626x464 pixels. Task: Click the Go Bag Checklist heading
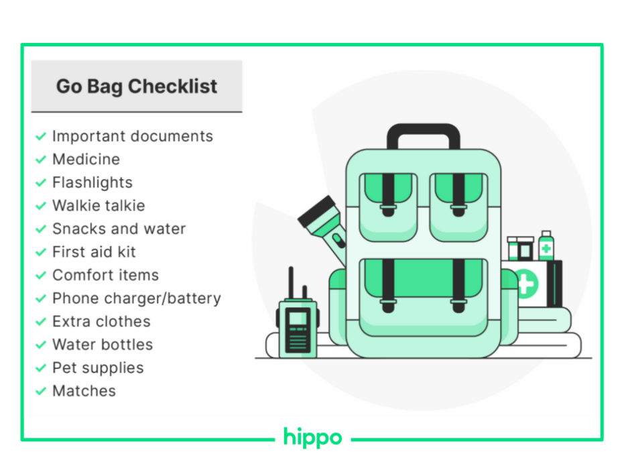(137, 86)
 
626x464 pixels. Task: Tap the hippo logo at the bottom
(312, 438)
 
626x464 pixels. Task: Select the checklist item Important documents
(133, 136)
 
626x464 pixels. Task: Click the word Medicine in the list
(86, 160)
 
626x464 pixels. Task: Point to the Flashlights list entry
(92, 182)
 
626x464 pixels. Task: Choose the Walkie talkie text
(99, 206)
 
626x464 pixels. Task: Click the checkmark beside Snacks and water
(41, 229)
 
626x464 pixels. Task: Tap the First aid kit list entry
(94, 252)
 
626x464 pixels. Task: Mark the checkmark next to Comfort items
(41, 276)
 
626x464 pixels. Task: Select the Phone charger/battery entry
(137, 298)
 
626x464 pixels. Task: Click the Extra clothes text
(101, 321)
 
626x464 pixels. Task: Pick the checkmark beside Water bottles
(41, 345)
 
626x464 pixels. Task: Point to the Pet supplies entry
(98, 368)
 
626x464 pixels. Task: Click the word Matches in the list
(84, 391)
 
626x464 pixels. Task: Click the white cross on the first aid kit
(525, 284)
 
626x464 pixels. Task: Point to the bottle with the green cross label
(546, 246)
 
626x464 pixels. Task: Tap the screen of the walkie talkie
(298, 318)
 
